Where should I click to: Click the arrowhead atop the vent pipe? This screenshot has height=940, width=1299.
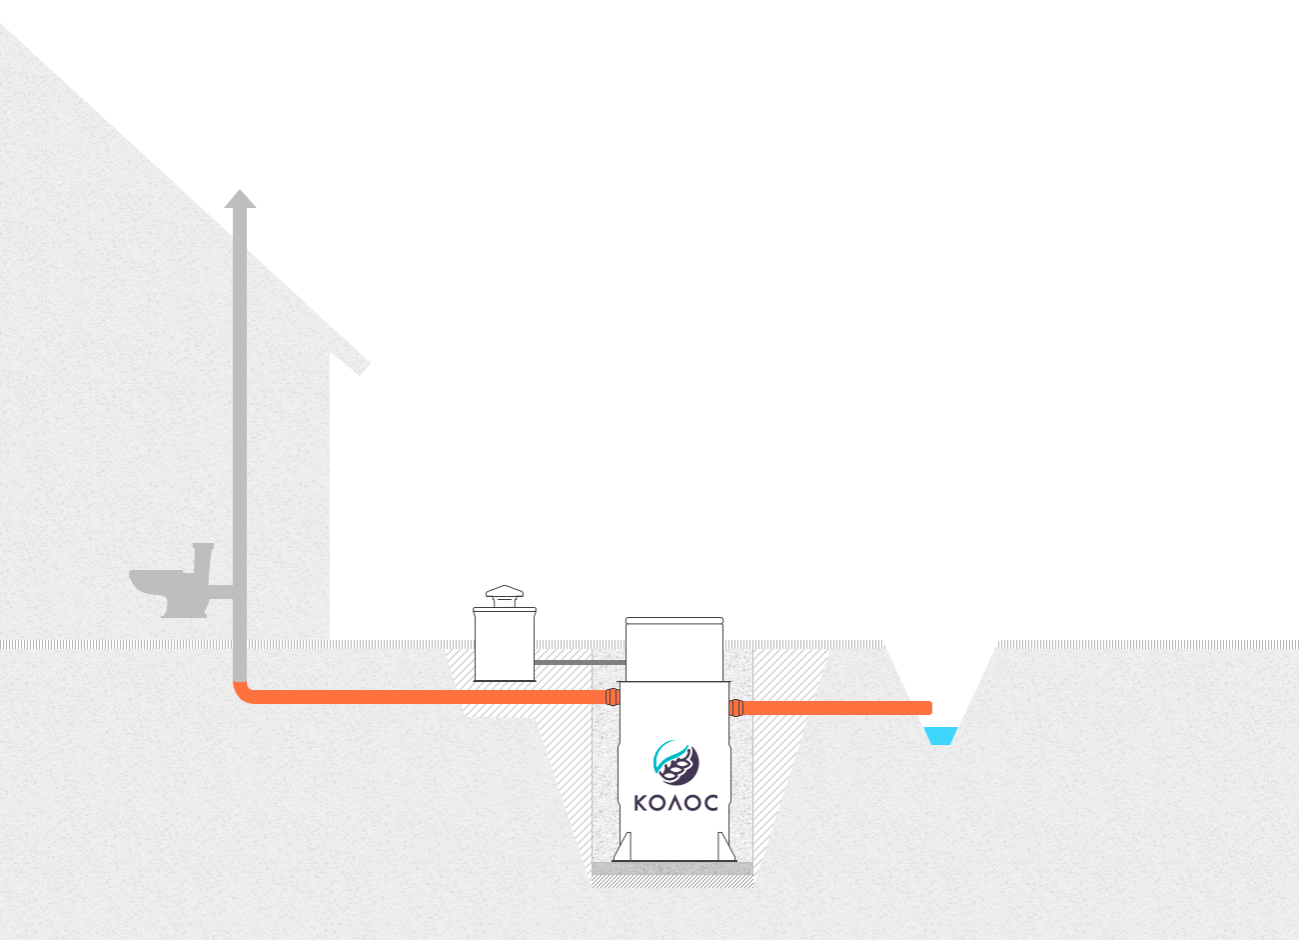tap(240, 198)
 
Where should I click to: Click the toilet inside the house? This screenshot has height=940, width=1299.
tap(172, 581)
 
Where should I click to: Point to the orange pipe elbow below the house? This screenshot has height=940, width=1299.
tap(244, 693)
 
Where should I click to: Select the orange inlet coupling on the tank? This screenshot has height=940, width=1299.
tap(613, 697)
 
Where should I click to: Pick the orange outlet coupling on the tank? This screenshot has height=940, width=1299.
tap(736, 708)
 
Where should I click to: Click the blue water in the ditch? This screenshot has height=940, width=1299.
tap(940, 736)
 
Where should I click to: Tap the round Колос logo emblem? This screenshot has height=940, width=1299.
tap(675, 762)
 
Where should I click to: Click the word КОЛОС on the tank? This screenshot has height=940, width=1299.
tap(675, 803)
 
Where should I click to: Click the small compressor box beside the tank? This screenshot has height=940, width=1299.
tap(505, 644)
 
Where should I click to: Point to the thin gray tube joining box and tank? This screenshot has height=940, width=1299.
tap(580, 662)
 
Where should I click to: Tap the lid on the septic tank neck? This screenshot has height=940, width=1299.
tap(674, 620)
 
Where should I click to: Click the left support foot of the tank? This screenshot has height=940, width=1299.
tap(624, 847)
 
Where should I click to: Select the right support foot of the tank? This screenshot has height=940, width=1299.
tap(726, 847)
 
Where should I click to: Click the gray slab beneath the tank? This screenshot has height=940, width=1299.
tap(672, 868)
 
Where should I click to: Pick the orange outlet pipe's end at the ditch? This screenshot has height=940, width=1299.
tap(929, 708)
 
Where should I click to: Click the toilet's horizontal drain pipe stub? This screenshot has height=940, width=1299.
tap(221, 592)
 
